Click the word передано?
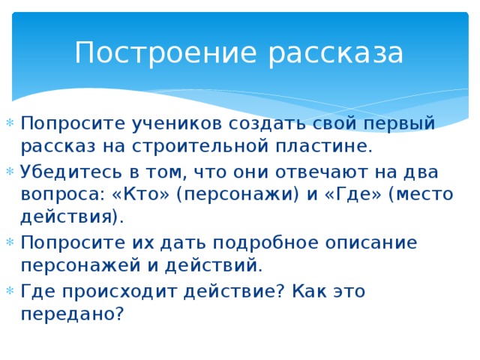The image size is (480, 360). pos(72,314)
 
